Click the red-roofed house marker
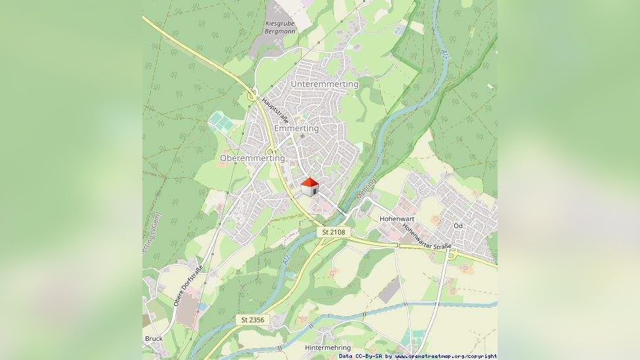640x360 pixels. click(309, 187)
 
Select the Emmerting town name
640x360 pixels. click(296, 128)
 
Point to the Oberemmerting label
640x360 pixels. click(252, 158)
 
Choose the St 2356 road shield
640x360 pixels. click(252, 320)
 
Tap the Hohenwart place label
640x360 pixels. click(396, 218)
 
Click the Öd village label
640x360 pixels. click(458, 225)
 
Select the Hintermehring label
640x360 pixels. click(328, 347)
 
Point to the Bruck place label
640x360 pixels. click(154, 338)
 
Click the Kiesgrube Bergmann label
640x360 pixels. click(279, 26)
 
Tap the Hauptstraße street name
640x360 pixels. click(276, 111)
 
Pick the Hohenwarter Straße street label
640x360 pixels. click(426, 236)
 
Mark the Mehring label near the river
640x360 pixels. click(366, 189)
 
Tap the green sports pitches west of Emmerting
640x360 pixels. click(221, 121)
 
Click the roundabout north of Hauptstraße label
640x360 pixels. click(252, 97)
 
